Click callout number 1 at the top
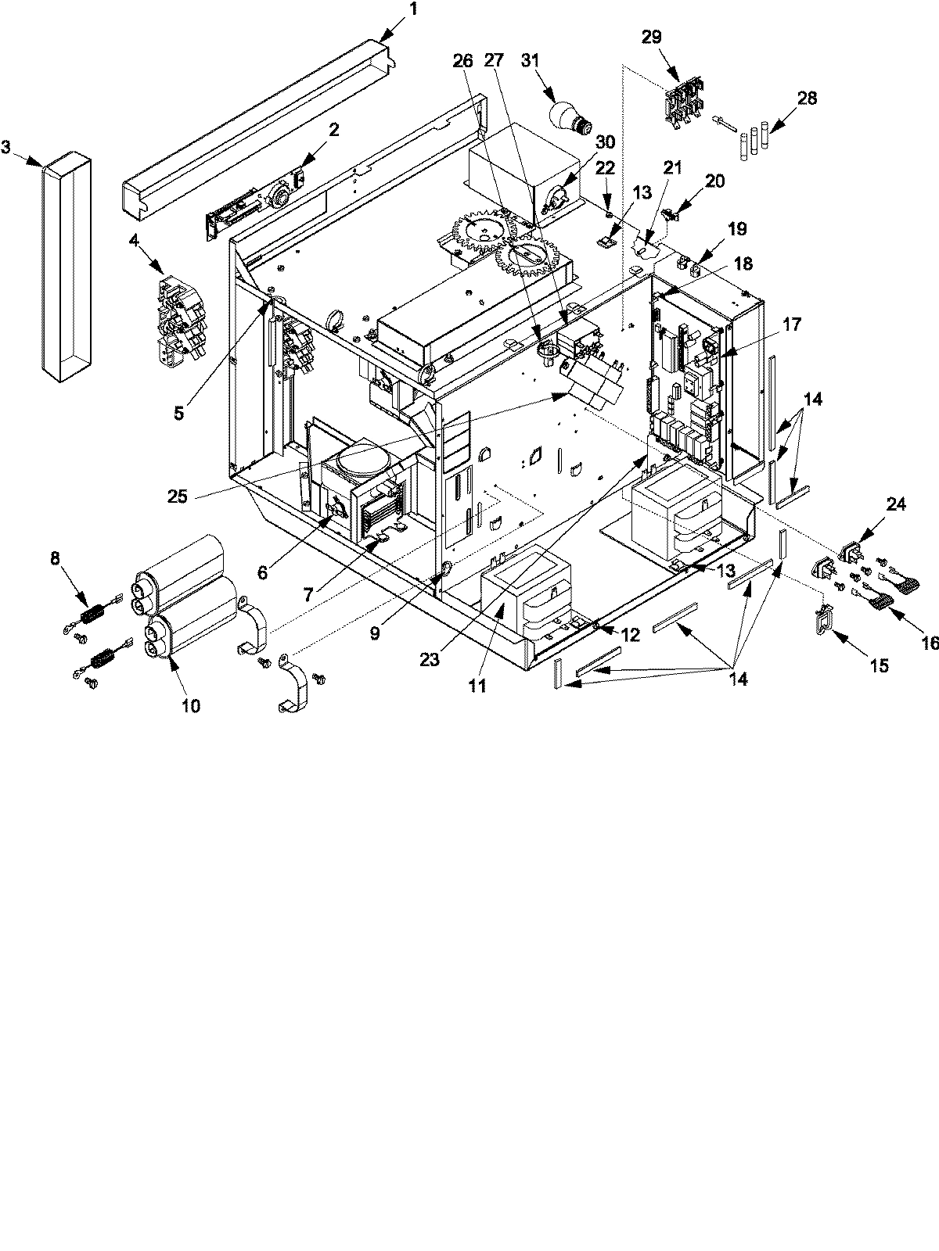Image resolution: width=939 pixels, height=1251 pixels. pyautogui.click(x=414, y=10)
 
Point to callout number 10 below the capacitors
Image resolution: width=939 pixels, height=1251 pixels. pyautogui.click(x=191, y=706)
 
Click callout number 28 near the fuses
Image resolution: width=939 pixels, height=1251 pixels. pyautogui.click(x=806, y=98)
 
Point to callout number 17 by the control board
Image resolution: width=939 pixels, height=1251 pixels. pyautogui.click(x=792, y=324)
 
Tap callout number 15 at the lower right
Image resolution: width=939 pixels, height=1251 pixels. pyautogui.click(x=879, y=665)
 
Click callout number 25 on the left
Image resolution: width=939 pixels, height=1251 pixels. pyautogui.click(x=178, y=496)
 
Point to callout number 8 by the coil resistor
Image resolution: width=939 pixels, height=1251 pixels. pyautogui.click(x=54, y=558)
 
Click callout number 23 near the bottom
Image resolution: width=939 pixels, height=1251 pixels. pyautogui.click(x=430, y=659)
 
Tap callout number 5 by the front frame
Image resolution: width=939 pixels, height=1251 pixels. pyautogui.click(x=179, y=414)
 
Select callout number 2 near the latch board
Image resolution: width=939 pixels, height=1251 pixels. pyautogui.click(x=334, y=131)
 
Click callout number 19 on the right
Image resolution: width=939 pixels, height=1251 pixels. pyautogui.click(x=737, y=229)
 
